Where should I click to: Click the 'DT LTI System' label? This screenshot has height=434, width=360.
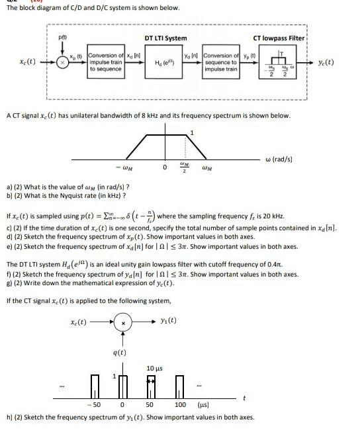pyautogui.click(x=165, y=38)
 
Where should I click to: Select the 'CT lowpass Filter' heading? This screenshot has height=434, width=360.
pyautogui.click(x=279, y=38)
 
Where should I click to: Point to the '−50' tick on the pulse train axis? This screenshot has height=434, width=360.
pyautogui.click(x=96, y=403)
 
